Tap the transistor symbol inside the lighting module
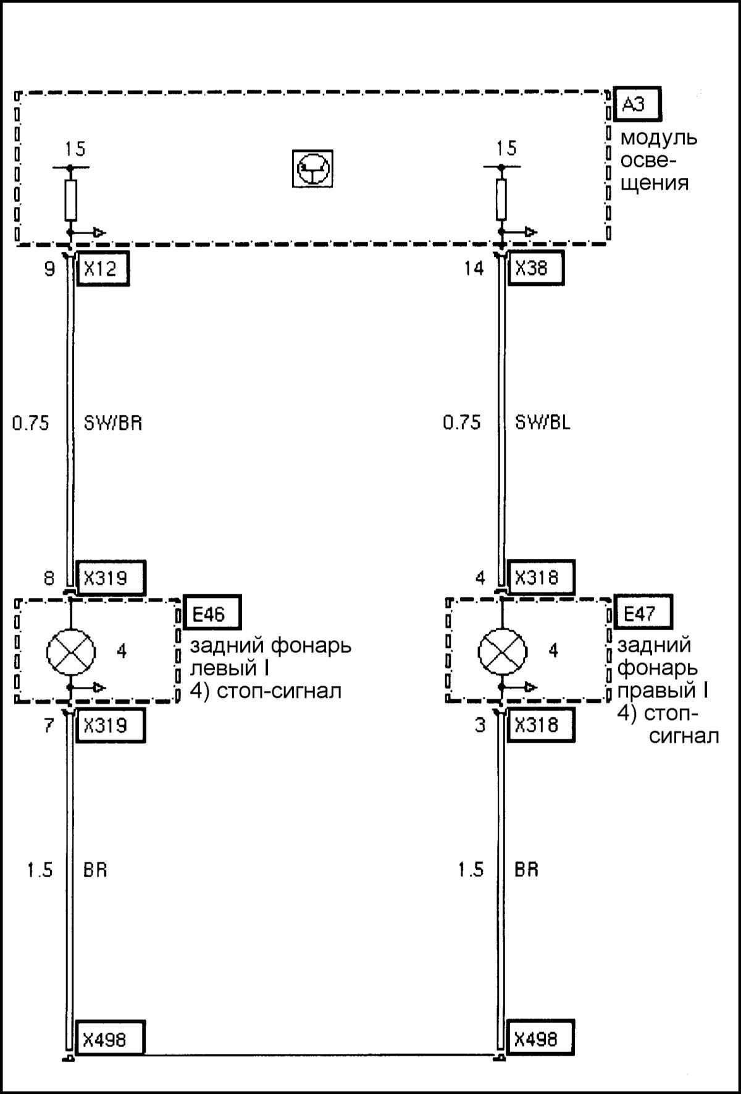pyautogui.click(x=312, y=169)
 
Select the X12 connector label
pyautogui.click(x=103, y=269)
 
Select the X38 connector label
pyautogui.click(x=535, y=269)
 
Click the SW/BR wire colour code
pyautogui.click(x=113, y=424)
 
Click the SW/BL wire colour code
pyautogui.click(x=543, y=423)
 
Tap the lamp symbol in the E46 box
pyautogui.click(x=71, y=651)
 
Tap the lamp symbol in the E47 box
pyautogui.click(x=503, y=651)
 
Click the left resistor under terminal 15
pyautogui.click(x=70, y=200)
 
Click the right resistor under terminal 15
pyautogui.click(x=501, y=200)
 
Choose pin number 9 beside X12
pyautogui.click(x=50, y=269)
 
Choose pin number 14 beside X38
pyautogui.click(x=474, y=269)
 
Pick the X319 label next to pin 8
pyautogui.click(x=109, y=578)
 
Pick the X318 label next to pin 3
pyautogui.click(x=540, y=725)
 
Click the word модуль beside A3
pyautogui.click(x=659, y=138)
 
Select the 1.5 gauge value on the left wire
pyautogui.click(x=40, y=870)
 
